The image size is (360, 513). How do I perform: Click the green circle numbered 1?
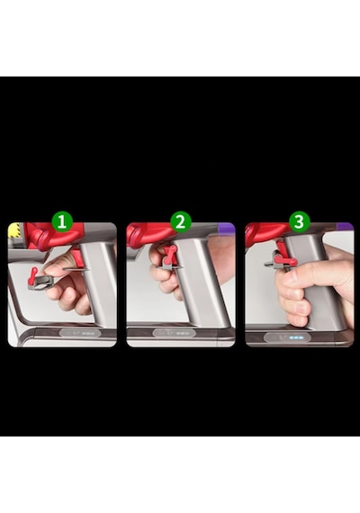pyautogui.click(x=62, y=221)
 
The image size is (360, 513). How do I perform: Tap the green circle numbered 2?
pyautogui.click(x=180, y=221)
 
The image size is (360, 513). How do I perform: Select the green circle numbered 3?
pyautogui.click(x=299, y=221)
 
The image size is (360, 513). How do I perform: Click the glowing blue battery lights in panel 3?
pyautogui.click(x=296, y=337)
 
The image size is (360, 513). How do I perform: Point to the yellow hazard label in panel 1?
pyautogui.click(x=13, y=229)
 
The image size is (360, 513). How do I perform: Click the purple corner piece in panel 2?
pyautogui.click(x=227, y=227)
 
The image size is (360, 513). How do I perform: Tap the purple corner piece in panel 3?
pyautogui.click(x=346, y=227)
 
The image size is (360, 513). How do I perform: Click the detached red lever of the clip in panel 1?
pyautogui.click(x=33, y=274)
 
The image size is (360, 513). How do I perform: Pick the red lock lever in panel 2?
pyautogui.click(x=170, y=255)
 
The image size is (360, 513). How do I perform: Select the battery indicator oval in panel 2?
pyautogui.click(x=174, y=334)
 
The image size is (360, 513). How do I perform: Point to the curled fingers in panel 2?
pyautogui.click(x=164, y=278)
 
